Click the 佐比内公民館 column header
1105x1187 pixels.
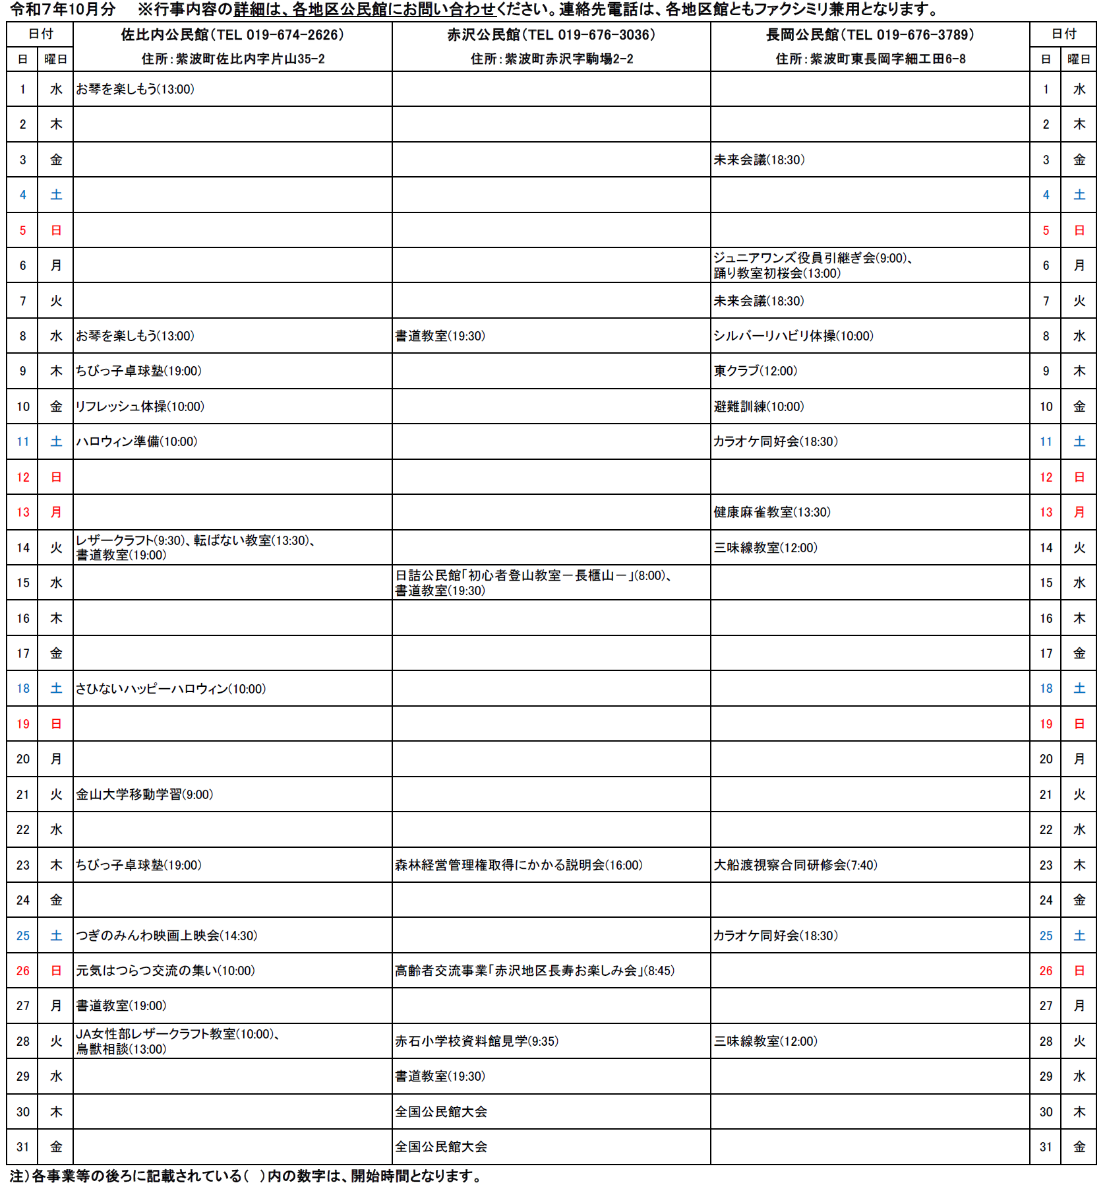(x=232, y=35)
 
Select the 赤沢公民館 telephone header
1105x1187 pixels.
(x=551, y=35)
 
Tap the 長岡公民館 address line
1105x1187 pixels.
(x=870, y=59)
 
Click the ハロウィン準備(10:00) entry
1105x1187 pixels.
(x=136, y=441)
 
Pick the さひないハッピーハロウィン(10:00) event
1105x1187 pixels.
(x=171, y=689)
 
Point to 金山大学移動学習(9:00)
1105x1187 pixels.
(x=144, y=794)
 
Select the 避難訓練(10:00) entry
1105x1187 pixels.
(x=759, y=406)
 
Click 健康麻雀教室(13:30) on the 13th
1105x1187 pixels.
(x=772, y=512)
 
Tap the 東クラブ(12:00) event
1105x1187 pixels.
(x=756, y=371)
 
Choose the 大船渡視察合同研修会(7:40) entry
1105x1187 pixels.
(x=795, y=865)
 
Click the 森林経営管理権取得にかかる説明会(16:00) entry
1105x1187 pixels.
(x=518, y=865)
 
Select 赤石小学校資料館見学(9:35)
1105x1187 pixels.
(x=477, y=1041)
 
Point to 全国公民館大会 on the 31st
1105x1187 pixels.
(x=441, y=1147)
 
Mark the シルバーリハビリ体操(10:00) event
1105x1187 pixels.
(x=793, y=336)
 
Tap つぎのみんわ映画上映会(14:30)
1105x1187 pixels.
(x=166, y=936)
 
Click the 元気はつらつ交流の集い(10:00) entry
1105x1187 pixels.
(x=165, y=971)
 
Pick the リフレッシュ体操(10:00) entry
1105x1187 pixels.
(x=140, y=406)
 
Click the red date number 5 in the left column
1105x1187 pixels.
(x=23, y=230)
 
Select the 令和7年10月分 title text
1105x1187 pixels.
(x=63, y=9)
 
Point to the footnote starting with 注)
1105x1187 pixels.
(x=245, y=1176)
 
